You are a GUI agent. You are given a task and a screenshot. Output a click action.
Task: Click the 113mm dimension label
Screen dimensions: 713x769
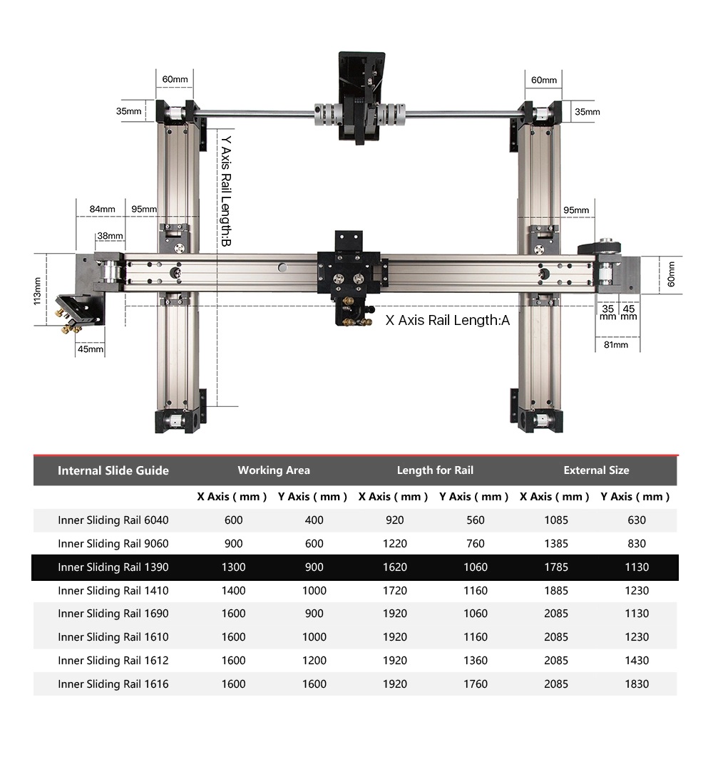pos(37,291)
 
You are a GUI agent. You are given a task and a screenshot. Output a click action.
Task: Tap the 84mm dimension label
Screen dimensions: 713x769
pos(102,209)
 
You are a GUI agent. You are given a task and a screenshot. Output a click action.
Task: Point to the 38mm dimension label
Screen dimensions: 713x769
pos(110,236)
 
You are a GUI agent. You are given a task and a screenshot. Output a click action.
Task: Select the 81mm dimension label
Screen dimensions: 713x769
pos(616,345)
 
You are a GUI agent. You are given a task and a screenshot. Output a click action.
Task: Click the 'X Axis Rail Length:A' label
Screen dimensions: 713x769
pos(448,320)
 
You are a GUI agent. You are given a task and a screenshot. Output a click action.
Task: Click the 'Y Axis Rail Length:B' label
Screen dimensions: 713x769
pos(226,191)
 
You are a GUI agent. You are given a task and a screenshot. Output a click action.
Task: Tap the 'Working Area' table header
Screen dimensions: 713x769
pos(274,470)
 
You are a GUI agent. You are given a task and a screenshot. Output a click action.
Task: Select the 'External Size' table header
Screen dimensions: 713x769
pos(596,470)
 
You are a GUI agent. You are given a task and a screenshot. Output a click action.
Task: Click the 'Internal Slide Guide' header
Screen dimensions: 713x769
pos(113,471)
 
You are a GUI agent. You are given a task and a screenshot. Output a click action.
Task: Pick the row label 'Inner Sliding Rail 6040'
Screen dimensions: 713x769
pos(113,520)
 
